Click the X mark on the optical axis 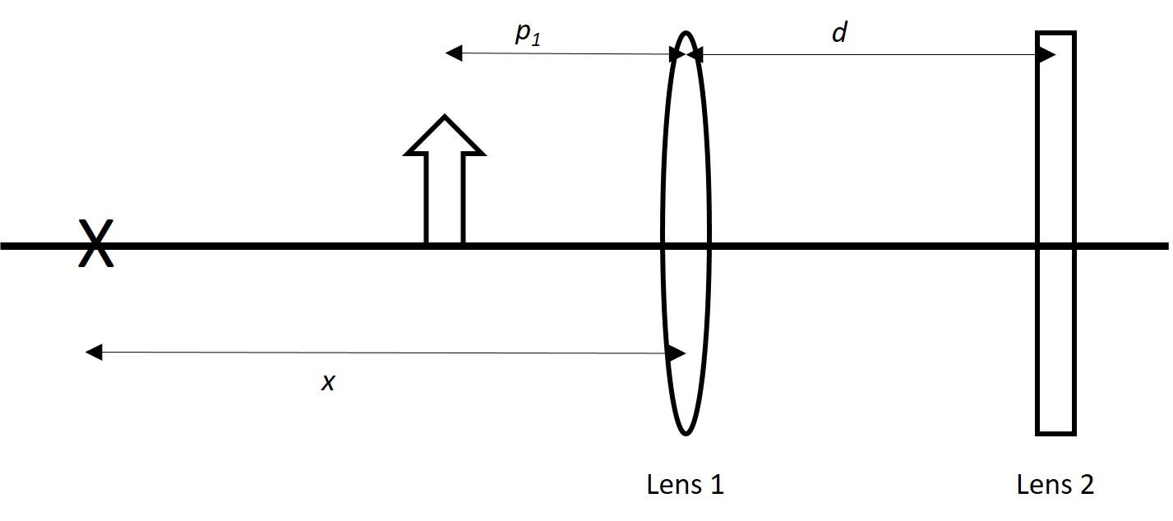(95, 244)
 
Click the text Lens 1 (685, 485)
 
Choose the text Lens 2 (1055, 485)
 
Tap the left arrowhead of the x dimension (94, 353)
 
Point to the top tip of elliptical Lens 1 (686, 33)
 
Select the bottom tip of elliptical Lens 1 (686, 433)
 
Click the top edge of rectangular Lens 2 (1055, 33)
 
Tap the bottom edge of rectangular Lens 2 (1055, 432)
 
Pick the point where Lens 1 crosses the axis (686, 245)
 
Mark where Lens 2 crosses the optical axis (1055, 245)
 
